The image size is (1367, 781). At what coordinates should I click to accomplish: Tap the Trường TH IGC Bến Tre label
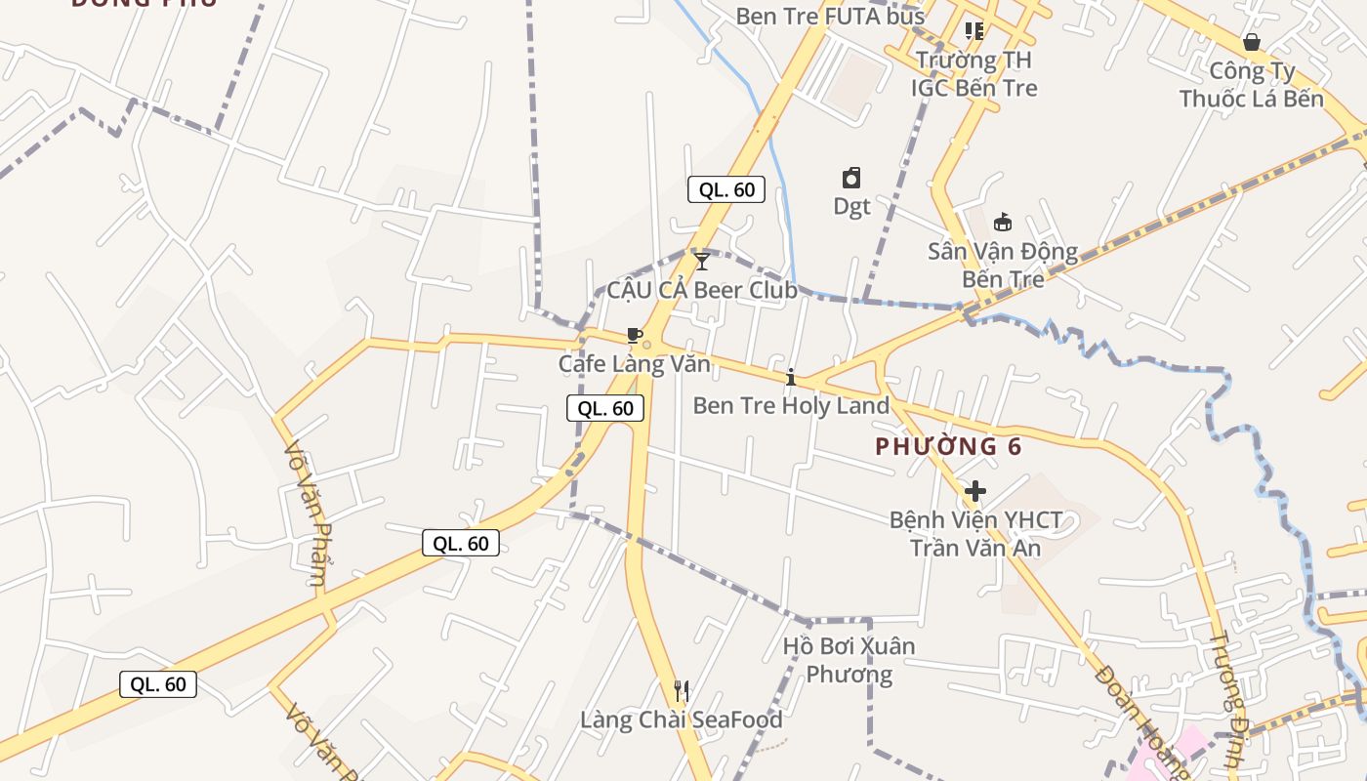(973, 74)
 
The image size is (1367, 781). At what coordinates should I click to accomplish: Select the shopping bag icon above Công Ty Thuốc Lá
(1251, 42)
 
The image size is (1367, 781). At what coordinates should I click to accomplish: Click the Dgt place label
(851, 206)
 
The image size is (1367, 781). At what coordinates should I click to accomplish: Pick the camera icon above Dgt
(851, 178)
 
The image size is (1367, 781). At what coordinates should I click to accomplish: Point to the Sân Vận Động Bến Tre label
(1003, 265)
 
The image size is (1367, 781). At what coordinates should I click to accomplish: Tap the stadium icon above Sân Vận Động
(1003, 223)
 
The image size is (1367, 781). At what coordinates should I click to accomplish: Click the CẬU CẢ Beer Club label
(702, 290)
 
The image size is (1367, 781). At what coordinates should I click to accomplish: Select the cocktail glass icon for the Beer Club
(702, 262)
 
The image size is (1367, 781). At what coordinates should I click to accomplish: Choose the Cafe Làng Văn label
(634, 364)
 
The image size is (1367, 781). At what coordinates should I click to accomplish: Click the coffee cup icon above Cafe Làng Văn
(634, 337)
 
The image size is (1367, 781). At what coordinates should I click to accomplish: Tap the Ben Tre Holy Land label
(791, 405)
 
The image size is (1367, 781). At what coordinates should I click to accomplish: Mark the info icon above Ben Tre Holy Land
(791, 377)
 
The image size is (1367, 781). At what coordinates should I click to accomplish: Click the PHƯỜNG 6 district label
(948, 447)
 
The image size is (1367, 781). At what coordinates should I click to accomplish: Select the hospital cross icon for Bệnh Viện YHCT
(974, 491)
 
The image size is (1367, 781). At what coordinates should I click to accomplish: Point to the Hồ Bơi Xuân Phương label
(849, 660)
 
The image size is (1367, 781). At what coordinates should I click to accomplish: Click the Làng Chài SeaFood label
(682, 720)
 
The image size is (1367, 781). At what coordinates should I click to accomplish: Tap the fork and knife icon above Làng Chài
(682, 691)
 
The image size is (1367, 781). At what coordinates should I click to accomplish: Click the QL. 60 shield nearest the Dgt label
(725, 189)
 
